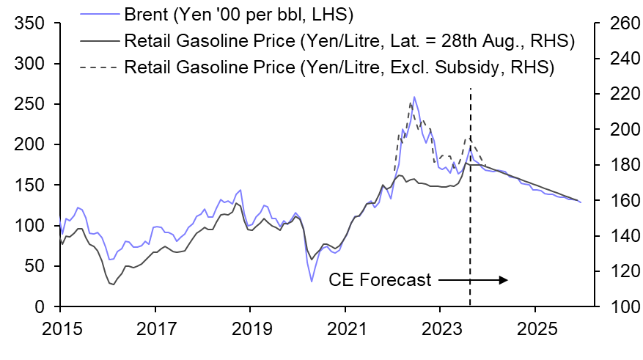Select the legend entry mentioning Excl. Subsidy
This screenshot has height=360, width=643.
[339, 67]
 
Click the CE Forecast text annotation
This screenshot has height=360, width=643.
[380, 279]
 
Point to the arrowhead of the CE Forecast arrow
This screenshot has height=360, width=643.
[505, 279]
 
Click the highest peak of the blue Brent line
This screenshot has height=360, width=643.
[414, 96]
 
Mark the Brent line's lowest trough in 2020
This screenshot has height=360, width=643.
[312, 282]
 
